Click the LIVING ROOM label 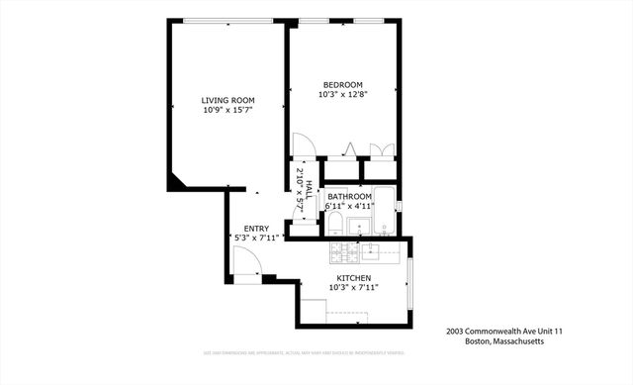227,100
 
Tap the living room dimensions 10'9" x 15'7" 227,110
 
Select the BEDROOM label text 343,84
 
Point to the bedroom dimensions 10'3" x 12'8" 343,95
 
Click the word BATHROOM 348,196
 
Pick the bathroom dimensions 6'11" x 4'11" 348,206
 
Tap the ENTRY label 256,229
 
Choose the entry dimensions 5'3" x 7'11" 258,239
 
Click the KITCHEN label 353,277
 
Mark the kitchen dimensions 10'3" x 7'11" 353,287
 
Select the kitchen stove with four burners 343,250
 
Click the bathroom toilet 335,221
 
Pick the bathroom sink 359,225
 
